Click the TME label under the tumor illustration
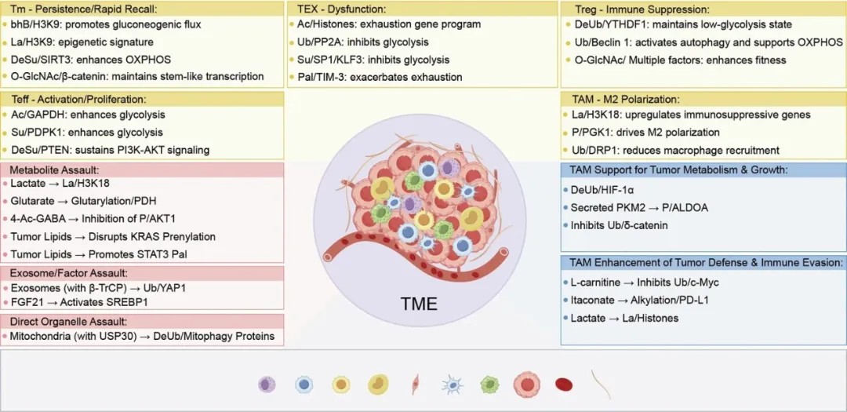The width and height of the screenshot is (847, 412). (x=420, y=303)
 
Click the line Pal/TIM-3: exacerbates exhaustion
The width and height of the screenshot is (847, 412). (x=380, y=77)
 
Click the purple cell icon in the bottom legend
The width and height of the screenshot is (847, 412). (x=267, y=385)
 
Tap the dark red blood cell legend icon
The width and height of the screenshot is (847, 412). (x=564, y=385)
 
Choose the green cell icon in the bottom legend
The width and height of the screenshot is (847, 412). (x=489, y=385)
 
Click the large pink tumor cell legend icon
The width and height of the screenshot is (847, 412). (x=527, y=385)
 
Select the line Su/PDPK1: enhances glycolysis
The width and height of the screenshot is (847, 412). (x=86, y=132)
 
